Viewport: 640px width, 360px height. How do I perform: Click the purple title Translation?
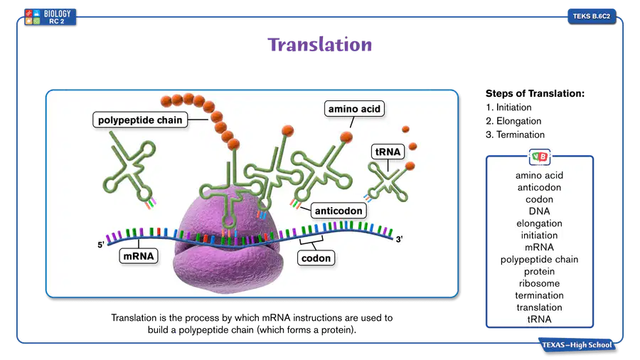[319, 45]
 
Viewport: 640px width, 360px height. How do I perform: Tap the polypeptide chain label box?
[140, 120]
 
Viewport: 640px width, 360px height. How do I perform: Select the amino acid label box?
[354, 109]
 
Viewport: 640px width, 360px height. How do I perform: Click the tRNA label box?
[388, 152]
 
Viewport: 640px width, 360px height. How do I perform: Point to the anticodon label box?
[338, 211]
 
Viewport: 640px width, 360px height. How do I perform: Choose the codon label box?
[316, 258]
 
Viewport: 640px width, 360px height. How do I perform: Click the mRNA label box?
[139, 256]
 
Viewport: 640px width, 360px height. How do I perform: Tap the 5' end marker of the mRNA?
[101, 245]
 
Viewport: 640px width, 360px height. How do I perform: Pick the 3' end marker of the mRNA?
[399, 239]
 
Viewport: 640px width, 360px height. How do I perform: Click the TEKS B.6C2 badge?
[592, 16]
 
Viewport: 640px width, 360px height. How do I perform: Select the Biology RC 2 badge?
[50, 17]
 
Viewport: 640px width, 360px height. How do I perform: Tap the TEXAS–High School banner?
[577, 345]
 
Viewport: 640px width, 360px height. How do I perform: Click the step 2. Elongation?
[513, 121]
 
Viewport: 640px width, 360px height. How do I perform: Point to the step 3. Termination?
[515, 134]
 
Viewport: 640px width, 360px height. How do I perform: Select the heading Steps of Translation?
[535, 93]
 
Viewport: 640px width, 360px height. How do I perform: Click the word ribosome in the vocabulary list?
[539, 283]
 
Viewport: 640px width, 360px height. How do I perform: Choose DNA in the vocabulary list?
[539, 211]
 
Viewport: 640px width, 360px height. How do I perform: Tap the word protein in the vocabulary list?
[539, 272]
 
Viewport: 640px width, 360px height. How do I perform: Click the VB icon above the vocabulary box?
[540, 157]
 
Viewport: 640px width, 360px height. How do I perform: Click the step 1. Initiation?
[508, 107]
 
